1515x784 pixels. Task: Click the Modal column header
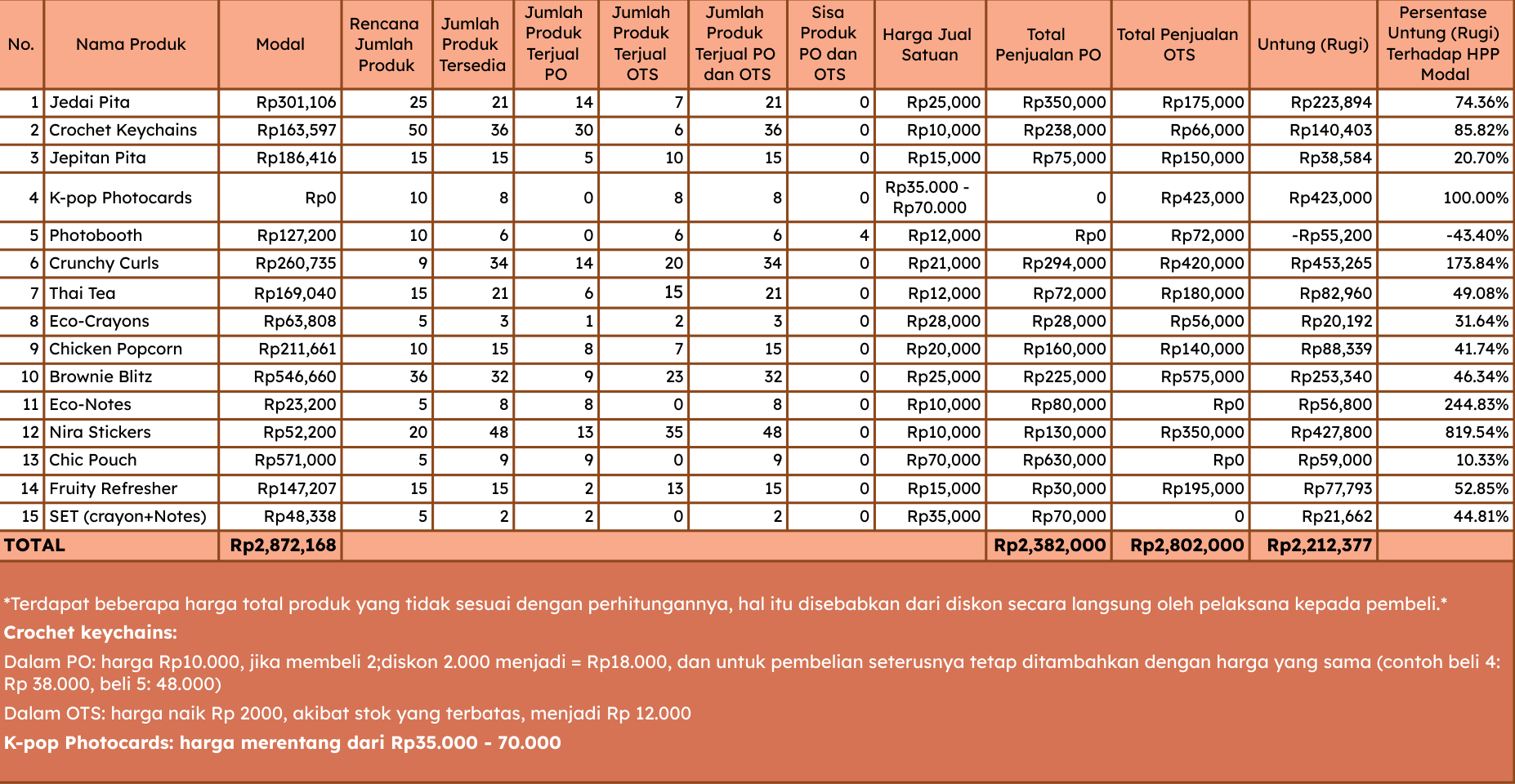click(280, 44)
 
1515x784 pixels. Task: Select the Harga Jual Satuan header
click(928, 44)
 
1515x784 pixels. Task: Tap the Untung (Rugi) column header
click(1312, 44)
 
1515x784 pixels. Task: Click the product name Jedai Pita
click(90, 102)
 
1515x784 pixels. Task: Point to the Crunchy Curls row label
click(104, 263)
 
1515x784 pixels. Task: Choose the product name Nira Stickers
click(100, 432)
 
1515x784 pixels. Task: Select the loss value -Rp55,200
click(1332, 235)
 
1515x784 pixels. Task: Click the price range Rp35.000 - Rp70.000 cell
click(928, 197)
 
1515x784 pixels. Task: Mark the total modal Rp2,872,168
click(283, 545)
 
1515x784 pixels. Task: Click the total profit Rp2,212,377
click(1319, 545)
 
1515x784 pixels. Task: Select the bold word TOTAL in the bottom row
click(34, 545)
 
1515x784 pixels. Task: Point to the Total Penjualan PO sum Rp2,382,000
click(1049, 545)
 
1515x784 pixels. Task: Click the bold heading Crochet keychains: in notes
click(90, 632)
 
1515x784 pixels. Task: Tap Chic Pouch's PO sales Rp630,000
click(1064, 460)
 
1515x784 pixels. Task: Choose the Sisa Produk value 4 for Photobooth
click(864, 235)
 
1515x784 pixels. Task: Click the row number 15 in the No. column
click(30, 516)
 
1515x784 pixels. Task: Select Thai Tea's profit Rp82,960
click(1336, 293)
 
